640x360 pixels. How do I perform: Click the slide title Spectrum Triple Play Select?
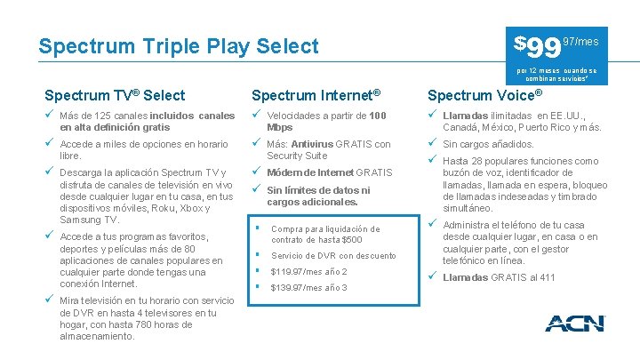coord(178,45)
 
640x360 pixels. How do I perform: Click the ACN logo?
coord(574,323)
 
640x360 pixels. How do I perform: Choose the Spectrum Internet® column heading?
coord(316,95)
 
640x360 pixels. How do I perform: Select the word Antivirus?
coord(317,144)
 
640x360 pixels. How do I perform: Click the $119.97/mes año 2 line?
coord(308,272)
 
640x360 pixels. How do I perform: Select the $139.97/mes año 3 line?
coord(308,288)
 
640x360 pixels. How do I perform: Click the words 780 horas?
coord(140,324)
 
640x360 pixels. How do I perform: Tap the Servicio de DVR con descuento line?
coord(333,256)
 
